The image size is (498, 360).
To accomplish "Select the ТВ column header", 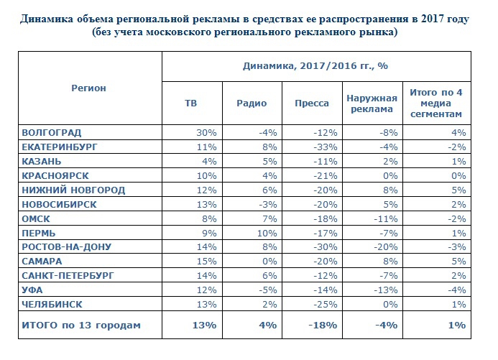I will [191, 103].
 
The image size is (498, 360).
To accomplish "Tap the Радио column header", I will [252, 103].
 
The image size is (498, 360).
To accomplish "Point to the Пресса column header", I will [312, 103].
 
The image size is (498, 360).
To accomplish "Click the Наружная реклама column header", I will [369, 103].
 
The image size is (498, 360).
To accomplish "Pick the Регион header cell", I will [88, 88].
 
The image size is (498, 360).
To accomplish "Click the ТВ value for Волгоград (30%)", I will [206, 133].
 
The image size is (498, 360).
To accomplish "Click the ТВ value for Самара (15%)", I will [206, 261].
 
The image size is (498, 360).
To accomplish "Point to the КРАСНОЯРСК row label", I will [57, 176].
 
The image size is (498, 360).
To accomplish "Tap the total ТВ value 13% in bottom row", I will [203, 325].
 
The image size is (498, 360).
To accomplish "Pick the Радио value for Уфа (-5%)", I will [267, 290].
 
